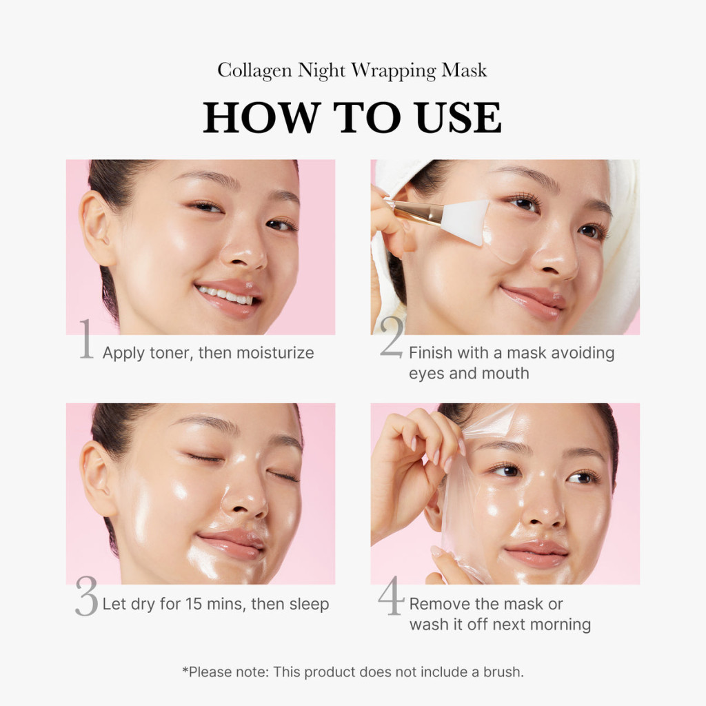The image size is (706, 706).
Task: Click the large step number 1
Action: [x=85, y=340]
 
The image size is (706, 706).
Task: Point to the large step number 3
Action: [x=86, y=598]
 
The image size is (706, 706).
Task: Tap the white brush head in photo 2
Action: [x=465, y=221]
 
